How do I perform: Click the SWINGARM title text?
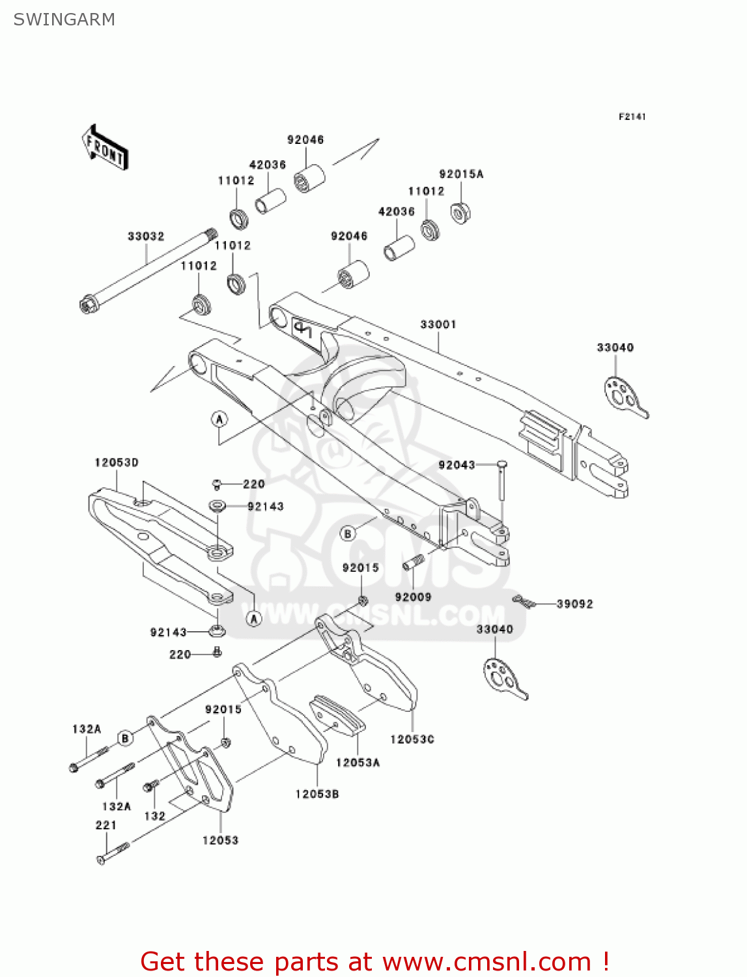[x=64, y=20]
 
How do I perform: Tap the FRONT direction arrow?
[x=104, y=148]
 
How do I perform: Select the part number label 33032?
[x=146, y=236]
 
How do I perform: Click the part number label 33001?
[x=438, y=324]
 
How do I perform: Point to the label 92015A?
[x=461, y=175]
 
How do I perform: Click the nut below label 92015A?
[x=460, y=212]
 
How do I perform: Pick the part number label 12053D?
[x=117, y=462]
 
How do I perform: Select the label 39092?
[x=574, y=604]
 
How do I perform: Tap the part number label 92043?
[x=457, y=465]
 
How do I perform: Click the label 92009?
[x=413, y=597]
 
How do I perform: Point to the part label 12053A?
[x=358, y=762]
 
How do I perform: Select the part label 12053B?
[x=317, y=794]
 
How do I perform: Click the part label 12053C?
[x=412, y=739]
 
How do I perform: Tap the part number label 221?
[x=106, y=825]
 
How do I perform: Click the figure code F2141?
[x=632, y=117]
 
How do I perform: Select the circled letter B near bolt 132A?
[x=126, y=738]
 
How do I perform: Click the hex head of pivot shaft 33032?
[x=87, y=304]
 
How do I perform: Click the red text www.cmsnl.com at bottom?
[x=486, y=961]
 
